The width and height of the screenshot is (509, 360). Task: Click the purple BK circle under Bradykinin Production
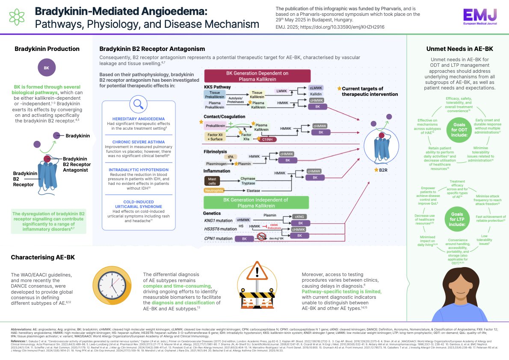coord(47,68)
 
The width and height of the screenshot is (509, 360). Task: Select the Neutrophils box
coord(213,190)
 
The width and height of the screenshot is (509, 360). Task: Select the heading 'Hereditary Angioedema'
coord(139,118)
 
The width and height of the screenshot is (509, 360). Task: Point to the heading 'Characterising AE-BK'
coord(43,257)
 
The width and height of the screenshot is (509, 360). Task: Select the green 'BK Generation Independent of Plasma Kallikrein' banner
coord(262,203)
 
